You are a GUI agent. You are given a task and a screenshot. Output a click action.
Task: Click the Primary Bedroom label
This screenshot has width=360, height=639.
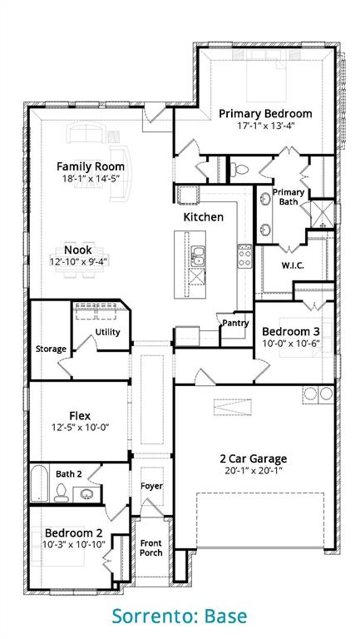265,113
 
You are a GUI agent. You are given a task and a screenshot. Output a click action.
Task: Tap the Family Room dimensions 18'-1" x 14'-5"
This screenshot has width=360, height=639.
91,179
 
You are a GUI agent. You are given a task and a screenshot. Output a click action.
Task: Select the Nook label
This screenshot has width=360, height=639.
78,250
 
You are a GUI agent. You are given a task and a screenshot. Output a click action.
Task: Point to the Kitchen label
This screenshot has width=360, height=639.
203,217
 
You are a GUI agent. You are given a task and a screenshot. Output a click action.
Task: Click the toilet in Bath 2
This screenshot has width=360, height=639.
61,493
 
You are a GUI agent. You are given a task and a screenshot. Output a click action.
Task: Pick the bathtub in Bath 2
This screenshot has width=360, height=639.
40,483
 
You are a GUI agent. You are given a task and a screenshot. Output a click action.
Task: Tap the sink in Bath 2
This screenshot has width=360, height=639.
86,494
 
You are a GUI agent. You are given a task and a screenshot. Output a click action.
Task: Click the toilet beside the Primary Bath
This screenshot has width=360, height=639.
239,169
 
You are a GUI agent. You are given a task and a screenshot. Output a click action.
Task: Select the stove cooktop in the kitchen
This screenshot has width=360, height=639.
244,256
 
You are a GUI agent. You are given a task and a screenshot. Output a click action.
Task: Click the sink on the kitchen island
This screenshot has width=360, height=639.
198,256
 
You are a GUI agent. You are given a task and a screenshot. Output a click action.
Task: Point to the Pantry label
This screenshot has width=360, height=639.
235,323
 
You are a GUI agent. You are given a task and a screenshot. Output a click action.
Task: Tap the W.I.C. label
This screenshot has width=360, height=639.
293,265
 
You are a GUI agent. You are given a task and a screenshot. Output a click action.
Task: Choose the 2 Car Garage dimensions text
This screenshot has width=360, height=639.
254,470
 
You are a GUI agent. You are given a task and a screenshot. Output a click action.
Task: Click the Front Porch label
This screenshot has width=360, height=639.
151,547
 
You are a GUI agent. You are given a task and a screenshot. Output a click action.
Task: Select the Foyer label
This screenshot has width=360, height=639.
151,486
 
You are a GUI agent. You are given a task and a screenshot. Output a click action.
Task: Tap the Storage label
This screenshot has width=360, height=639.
51,349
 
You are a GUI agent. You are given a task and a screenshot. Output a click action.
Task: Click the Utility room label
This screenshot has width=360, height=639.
107,332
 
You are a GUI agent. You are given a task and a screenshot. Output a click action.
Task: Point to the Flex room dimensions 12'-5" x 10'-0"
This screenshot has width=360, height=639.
80,427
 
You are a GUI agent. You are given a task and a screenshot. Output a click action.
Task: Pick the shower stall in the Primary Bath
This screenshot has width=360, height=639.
322,214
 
